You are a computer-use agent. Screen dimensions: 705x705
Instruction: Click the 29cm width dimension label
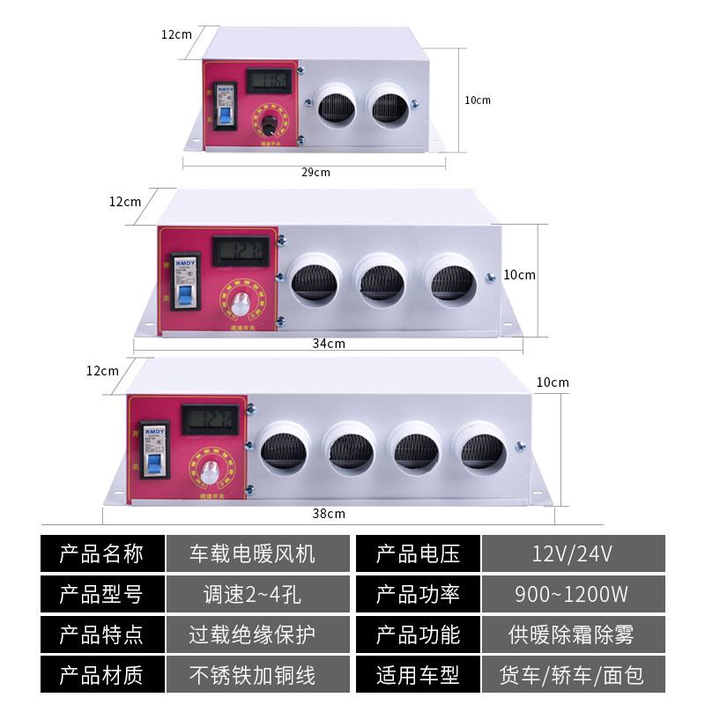pyautogui.click(x=315, y=172)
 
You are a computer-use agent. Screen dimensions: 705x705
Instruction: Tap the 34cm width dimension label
pyautogui.click(x=329, y=343)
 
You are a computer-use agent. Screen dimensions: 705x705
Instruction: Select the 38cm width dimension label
pyautogui.click(x=329, y=513)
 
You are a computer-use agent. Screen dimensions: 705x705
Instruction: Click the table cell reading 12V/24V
pyautogui.click(x=572, y=553)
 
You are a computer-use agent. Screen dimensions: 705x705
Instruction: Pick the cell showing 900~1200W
pyautogui.click(x=572, y=594)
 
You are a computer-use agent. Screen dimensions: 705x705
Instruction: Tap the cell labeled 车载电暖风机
pyautogui.click(x=252, y=553)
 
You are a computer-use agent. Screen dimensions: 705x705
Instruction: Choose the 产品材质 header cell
pyautogui.click(x=100, y=675)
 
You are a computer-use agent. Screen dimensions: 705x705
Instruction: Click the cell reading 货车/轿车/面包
pyautogui.click(x=572, y=675)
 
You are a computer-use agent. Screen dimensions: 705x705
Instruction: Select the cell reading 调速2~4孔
pyautogui.click(x=252, y=594)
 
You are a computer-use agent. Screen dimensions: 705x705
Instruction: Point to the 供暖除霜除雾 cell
pyautogui.click(x=572, y=634)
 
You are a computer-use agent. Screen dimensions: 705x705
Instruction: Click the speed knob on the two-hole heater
pyautogui.click(x=265, y=122)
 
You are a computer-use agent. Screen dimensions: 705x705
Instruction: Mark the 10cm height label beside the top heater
pyautogui.click(x=478, y=100)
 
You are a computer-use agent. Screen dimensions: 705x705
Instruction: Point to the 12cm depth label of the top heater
pyautogui.click(x=176, y=34)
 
